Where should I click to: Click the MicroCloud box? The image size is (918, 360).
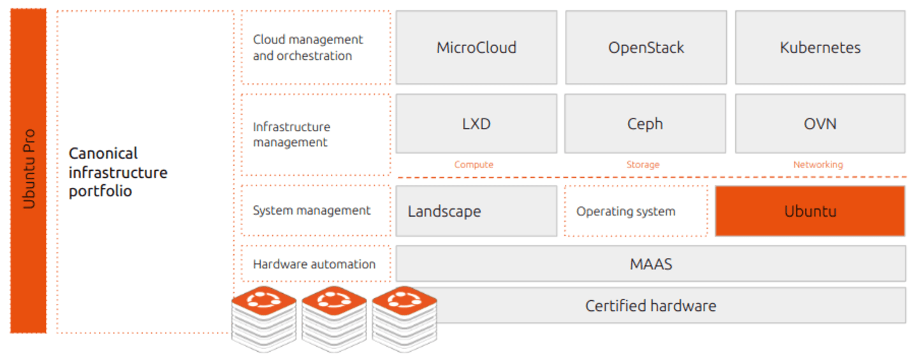pos(476,48)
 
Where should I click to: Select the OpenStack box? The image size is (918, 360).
pos(646,48)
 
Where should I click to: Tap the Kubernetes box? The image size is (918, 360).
pos(820,48)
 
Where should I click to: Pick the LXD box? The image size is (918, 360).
pos(476,124)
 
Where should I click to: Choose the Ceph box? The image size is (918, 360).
pos(645,124)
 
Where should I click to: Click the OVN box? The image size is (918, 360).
pos(820,124)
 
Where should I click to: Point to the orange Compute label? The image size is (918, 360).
pos(474,164)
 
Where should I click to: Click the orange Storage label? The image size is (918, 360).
pos(643,164)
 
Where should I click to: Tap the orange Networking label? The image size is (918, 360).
pos(818,164)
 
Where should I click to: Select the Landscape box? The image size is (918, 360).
pos(476,211)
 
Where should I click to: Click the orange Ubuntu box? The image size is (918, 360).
pos(810,211)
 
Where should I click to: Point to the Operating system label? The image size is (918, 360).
pos(626,212)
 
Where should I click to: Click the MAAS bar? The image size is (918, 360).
pos(651,264)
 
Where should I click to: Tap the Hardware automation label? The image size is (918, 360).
pos(314,264)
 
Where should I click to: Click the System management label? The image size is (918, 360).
pos(312,210)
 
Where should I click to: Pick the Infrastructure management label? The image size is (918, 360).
pos(291,134)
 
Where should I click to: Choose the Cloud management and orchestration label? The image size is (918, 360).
pos(308,48)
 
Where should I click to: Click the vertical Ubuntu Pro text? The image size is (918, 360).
pos(29,169)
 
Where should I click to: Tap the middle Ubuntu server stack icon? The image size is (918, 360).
pos(334,319)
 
